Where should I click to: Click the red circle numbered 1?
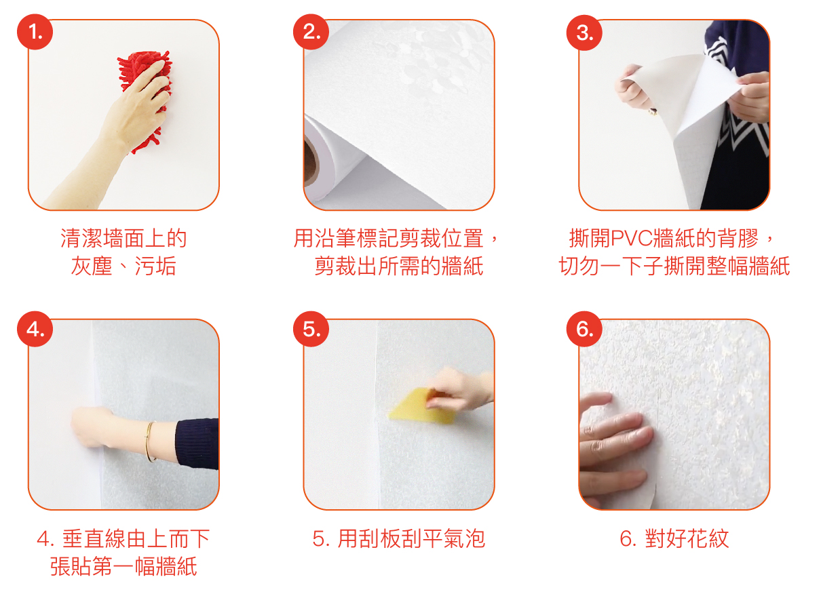[35, 32]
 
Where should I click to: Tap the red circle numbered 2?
[311, 32]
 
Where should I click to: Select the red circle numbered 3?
[584, 33]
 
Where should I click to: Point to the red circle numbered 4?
[35, 329]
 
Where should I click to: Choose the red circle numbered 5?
[311, 329]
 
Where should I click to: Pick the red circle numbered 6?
[584, 329]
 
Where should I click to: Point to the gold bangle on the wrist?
[149, 441]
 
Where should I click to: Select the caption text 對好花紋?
[687, 538]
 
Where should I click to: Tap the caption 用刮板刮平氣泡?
[411, 538]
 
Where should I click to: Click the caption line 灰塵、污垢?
[123, 266]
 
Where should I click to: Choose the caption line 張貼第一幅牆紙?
[123, 566]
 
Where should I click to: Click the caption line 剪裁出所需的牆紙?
[399, 266]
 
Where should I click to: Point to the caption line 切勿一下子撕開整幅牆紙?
[674, 266]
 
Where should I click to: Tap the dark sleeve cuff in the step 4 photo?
[197, 443]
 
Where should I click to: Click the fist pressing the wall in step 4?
[92, 427]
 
